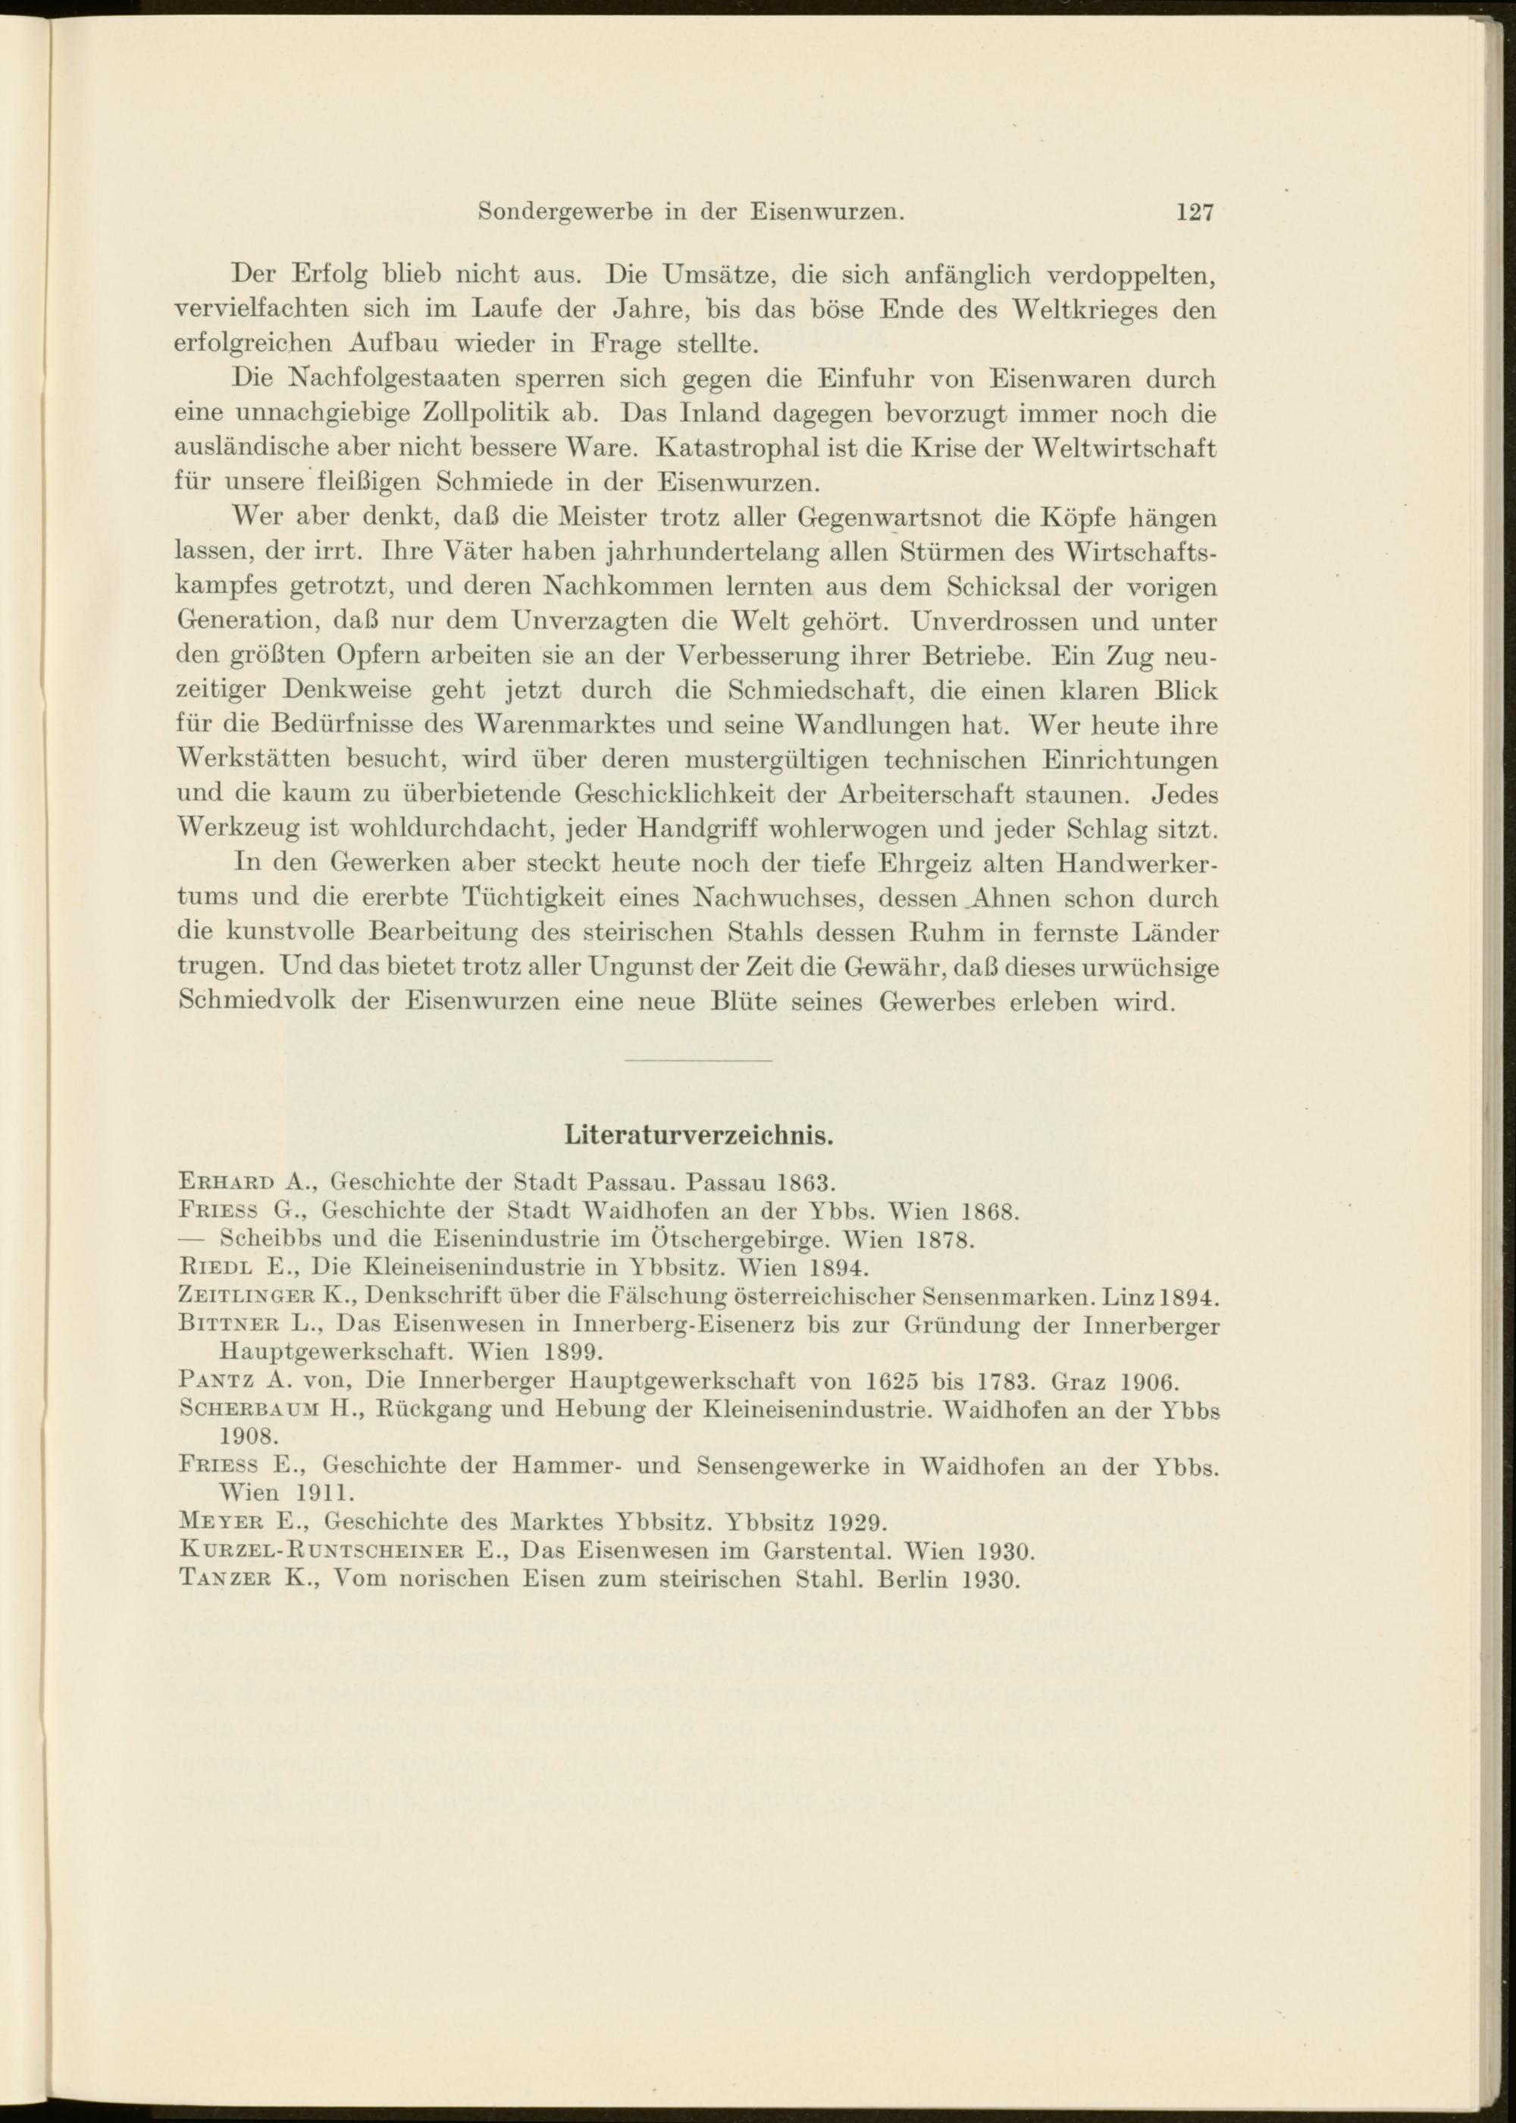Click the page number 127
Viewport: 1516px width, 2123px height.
pos(1194,213)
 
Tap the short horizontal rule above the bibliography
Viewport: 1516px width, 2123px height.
pos(698,1061)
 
